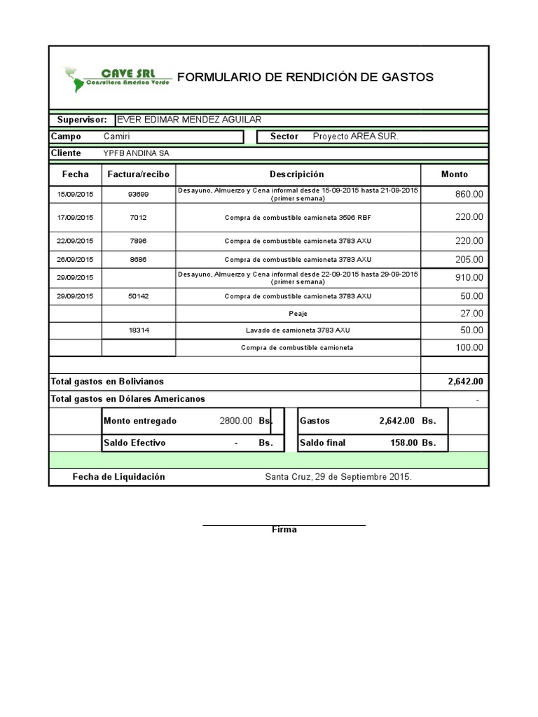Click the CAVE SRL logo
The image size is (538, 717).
pyautogui.click(x=116, y=78)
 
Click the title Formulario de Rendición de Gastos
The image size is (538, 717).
pyautogui.click(x=305, y=77)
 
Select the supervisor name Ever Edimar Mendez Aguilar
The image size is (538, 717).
pyautogui.click(x=188, y=120)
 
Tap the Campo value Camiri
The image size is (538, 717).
pyautogui.click(x=116, y=137)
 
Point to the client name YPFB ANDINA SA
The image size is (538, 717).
pyautogui.click(x=136, y=153)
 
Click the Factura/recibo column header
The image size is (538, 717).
pyautogui.click(x=138, y=174)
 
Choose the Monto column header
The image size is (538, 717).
pyautogui.click(x=454, y=174)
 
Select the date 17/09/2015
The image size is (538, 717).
pyautogui.click(x=75, y=218)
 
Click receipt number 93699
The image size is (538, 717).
pyautogui.click(x=138, y=194)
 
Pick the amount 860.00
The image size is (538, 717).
pyautogui.click(x=469, y=194)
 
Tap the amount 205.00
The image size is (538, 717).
pyautogui.click(x=469, y=259)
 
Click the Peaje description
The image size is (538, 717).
pyautogui.click(x=298, y=314)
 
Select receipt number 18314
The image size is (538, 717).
pyautogui.click(x=138, y=330)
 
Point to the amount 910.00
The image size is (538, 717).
pyautogui.click(x=469, y=277)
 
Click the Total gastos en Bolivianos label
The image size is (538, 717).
pyautogui.click(x=107, y=382)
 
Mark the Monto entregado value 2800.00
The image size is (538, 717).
pyautogui.click(x=236, y=421)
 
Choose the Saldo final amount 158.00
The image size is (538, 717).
pyautogui.click(x=403, y=443)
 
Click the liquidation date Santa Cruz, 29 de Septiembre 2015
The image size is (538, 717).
pyautogui.click(x=338, y=477)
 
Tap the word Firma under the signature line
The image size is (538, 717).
pyautogui.click(x=284, y=529)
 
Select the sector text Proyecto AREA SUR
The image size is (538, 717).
pyautogui.click(x=355, y=137)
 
